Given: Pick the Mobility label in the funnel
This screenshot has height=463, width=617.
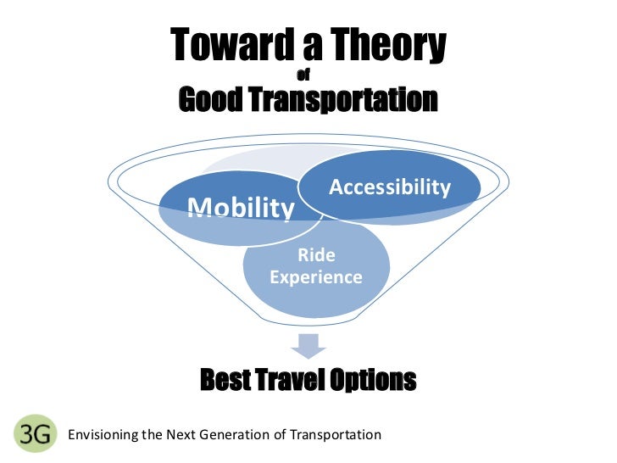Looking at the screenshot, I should pos(241,207).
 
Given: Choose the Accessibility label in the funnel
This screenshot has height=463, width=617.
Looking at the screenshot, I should pos(389,187).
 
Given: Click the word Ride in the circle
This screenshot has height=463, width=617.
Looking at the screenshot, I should pos(315,255).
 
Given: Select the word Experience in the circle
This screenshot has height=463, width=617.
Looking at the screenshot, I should pos(315,277).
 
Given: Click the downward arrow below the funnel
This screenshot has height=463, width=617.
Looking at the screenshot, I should pos(308,345).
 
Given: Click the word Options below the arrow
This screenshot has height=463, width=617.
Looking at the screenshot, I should pos(375,381).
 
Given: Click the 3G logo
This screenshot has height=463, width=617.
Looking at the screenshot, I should pos(34,433).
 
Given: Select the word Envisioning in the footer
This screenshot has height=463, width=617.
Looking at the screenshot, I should pos(103,435).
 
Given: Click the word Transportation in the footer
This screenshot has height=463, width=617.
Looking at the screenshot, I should pos(336,435).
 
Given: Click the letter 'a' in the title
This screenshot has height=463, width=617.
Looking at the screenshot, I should pos(292,46).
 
